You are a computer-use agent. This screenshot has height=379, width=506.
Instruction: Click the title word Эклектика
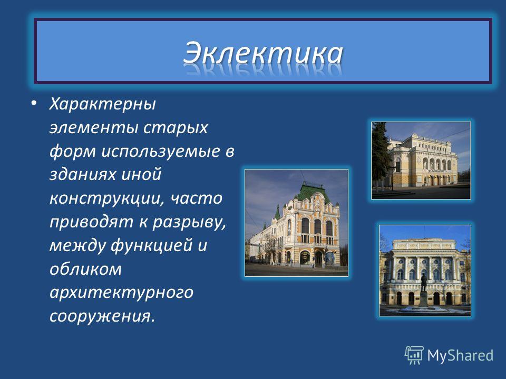[263, 53]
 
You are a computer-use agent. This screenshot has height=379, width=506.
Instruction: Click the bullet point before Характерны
[34, 104]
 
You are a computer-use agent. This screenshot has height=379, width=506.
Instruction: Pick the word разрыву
[189, 222]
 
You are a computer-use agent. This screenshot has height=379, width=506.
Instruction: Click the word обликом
[85, 269]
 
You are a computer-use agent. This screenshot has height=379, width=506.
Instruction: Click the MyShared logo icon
[414, 355]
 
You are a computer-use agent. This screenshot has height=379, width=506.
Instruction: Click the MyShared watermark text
[460, 356]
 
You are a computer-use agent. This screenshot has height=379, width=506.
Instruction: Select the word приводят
[91, 222]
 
